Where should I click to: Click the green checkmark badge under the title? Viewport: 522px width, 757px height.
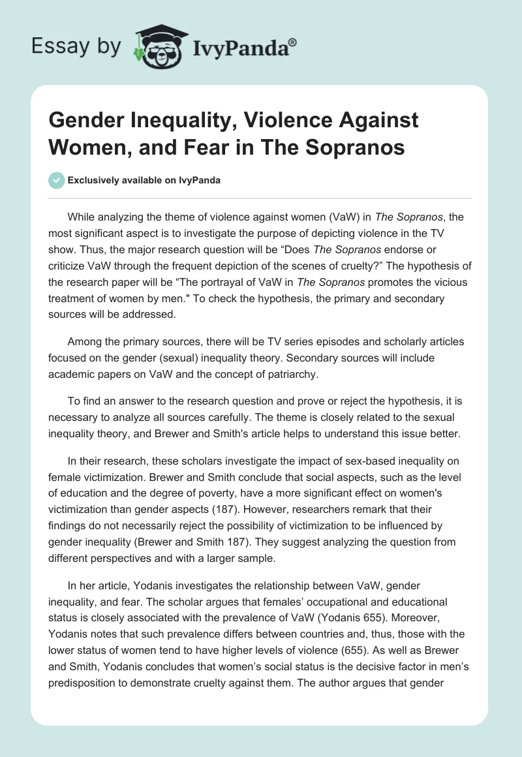click(x=57, y=180)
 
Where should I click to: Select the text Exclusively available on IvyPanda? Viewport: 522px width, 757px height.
click(x=144, y=181)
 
